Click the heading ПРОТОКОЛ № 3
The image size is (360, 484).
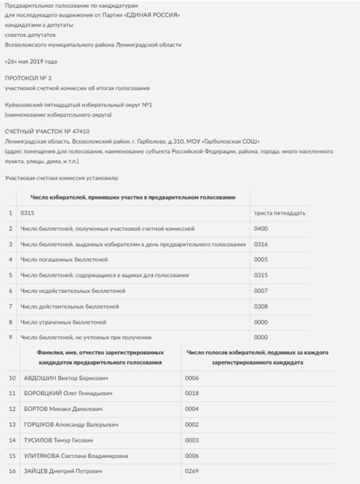coord(28,78)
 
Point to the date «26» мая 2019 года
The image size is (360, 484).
coord(31,62)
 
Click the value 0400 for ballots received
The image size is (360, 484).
coord(261,229)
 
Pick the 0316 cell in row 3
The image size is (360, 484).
coord(261,244)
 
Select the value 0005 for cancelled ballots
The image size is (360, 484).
coord(261,260)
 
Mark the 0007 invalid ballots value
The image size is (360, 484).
coord(261,291)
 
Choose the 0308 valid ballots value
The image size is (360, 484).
coord(261,306)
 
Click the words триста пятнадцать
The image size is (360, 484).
coord(280,213)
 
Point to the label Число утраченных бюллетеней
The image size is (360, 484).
coord(63,322)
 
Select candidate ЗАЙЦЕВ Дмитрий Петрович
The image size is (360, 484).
coord(63,471)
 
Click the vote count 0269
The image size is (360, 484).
coord(192,471)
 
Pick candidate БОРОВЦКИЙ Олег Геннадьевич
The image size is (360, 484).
coord(68,394)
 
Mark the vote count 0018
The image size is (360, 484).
coord(192,394)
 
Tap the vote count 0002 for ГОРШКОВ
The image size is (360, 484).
coord(192,425)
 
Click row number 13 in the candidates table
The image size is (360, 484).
coord(12,425)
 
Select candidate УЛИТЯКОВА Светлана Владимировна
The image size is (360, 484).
coord(76,456)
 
